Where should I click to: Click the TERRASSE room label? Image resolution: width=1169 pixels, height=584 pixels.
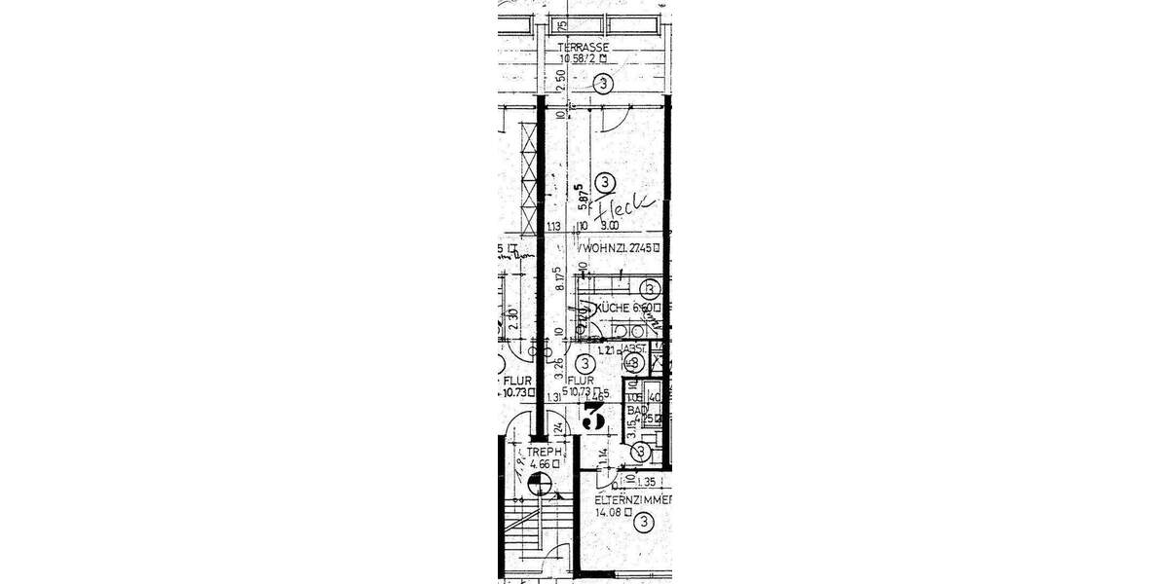584,47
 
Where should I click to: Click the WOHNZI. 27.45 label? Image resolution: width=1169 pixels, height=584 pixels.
621,248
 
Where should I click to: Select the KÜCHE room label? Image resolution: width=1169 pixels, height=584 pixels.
614,308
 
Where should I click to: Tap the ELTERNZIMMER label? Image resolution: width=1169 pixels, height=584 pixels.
634,499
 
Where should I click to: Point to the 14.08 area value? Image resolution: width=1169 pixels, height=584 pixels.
613,511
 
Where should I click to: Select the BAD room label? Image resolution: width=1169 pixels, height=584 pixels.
637,412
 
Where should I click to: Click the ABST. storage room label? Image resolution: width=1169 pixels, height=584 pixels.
634,347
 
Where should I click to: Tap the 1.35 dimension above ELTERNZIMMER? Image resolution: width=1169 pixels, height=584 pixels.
647,482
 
